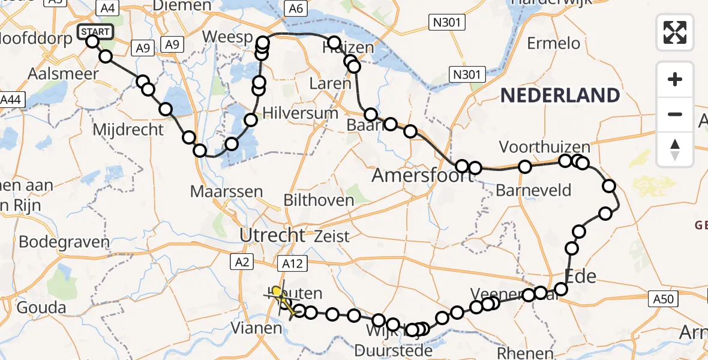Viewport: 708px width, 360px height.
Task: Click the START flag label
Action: click(95, 31)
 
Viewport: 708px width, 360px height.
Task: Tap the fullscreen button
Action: click(675, 32)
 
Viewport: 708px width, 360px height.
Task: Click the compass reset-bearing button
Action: click(675, 149)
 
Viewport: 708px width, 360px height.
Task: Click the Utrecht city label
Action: click(272, 235)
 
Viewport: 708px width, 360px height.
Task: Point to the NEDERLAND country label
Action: click(560, 95)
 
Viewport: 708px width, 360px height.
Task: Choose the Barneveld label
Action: click(534, 191)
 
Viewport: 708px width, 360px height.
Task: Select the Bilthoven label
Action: click(320, 200)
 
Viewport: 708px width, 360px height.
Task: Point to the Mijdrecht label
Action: click(128, 129)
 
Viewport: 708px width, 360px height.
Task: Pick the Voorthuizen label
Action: click(544, 147)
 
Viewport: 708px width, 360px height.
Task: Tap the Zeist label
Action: click(331, 236)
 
